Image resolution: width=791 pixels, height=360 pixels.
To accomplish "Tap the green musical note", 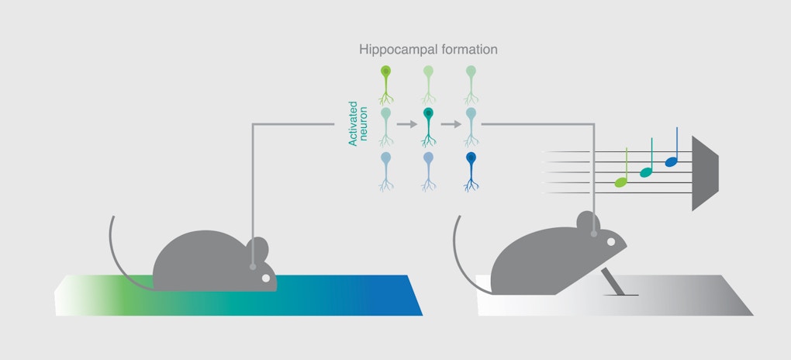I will click(620, 182).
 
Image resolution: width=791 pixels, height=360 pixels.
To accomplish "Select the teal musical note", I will click(645, 171).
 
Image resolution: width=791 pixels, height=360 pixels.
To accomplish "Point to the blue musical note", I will click(672, 161).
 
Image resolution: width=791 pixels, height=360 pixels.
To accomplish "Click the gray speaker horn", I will click(704, 172).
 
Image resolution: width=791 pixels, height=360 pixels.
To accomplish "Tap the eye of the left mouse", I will click(265, 277).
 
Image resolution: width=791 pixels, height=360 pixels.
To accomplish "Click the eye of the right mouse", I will click(610, 243).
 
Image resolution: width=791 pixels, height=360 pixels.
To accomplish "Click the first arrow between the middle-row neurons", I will click(406, 123).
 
